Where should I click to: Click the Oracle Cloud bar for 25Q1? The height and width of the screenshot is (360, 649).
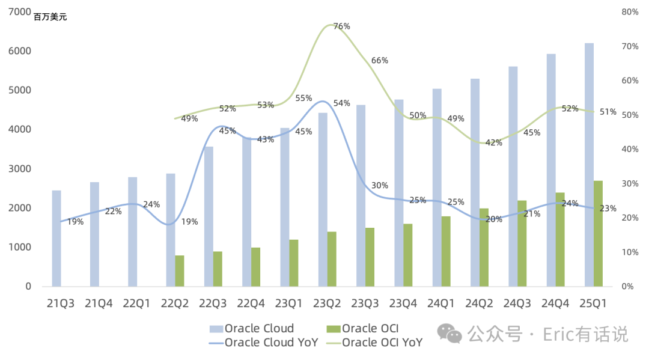(x=589, y=165)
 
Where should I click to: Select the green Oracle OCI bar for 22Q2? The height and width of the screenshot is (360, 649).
(x=180, y=271)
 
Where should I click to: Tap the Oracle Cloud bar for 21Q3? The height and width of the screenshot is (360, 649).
(x=56, y=239)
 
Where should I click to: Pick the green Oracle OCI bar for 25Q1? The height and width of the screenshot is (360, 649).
(x=598, y=233)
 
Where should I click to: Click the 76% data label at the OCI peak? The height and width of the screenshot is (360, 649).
(x=342, y=26)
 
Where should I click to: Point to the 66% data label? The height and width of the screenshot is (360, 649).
(x=380, y=61)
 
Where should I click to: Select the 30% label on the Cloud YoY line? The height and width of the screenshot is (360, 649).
(x=380, y=185)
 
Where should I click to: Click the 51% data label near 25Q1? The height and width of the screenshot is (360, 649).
(x=608, y=112)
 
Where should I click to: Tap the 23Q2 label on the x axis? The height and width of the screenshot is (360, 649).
(x=327, y=304)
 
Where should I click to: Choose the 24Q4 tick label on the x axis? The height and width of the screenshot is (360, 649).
(x=555, y=304)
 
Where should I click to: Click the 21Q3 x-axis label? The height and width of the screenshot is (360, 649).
(x=61, y=304)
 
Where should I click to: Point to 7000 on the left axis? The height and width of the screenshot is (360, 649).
(x=19, y=11)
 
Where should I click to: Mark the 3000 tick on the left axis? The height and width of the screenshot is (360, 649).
(x=19, y=168)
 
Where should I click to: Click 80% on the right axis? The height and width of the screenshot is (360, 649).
(x=630, y=12)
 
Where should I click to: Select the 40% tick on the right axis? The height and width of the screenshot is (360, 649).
(x=630, y=149)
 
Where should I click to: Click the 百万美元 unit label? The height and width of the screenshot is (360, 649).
(x=50, y=17)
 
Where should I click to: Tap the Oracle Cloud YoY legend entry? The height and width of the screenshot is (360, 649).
(x=264, y=343)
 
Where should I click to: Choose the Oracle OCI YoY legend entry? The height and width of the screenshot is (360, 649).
(x=374, y=343)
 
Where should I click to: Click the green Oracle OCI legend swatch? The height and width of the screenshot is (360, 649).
(x=333, y=329)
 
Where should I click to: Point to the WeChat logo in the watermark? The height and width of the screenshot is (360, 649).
(x=449, y=334)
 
